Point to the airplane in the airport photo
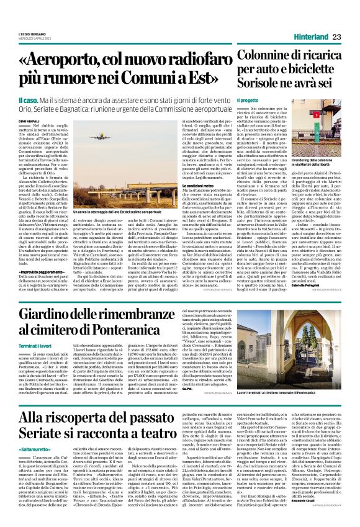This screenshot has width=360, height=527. pos(99,137)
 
